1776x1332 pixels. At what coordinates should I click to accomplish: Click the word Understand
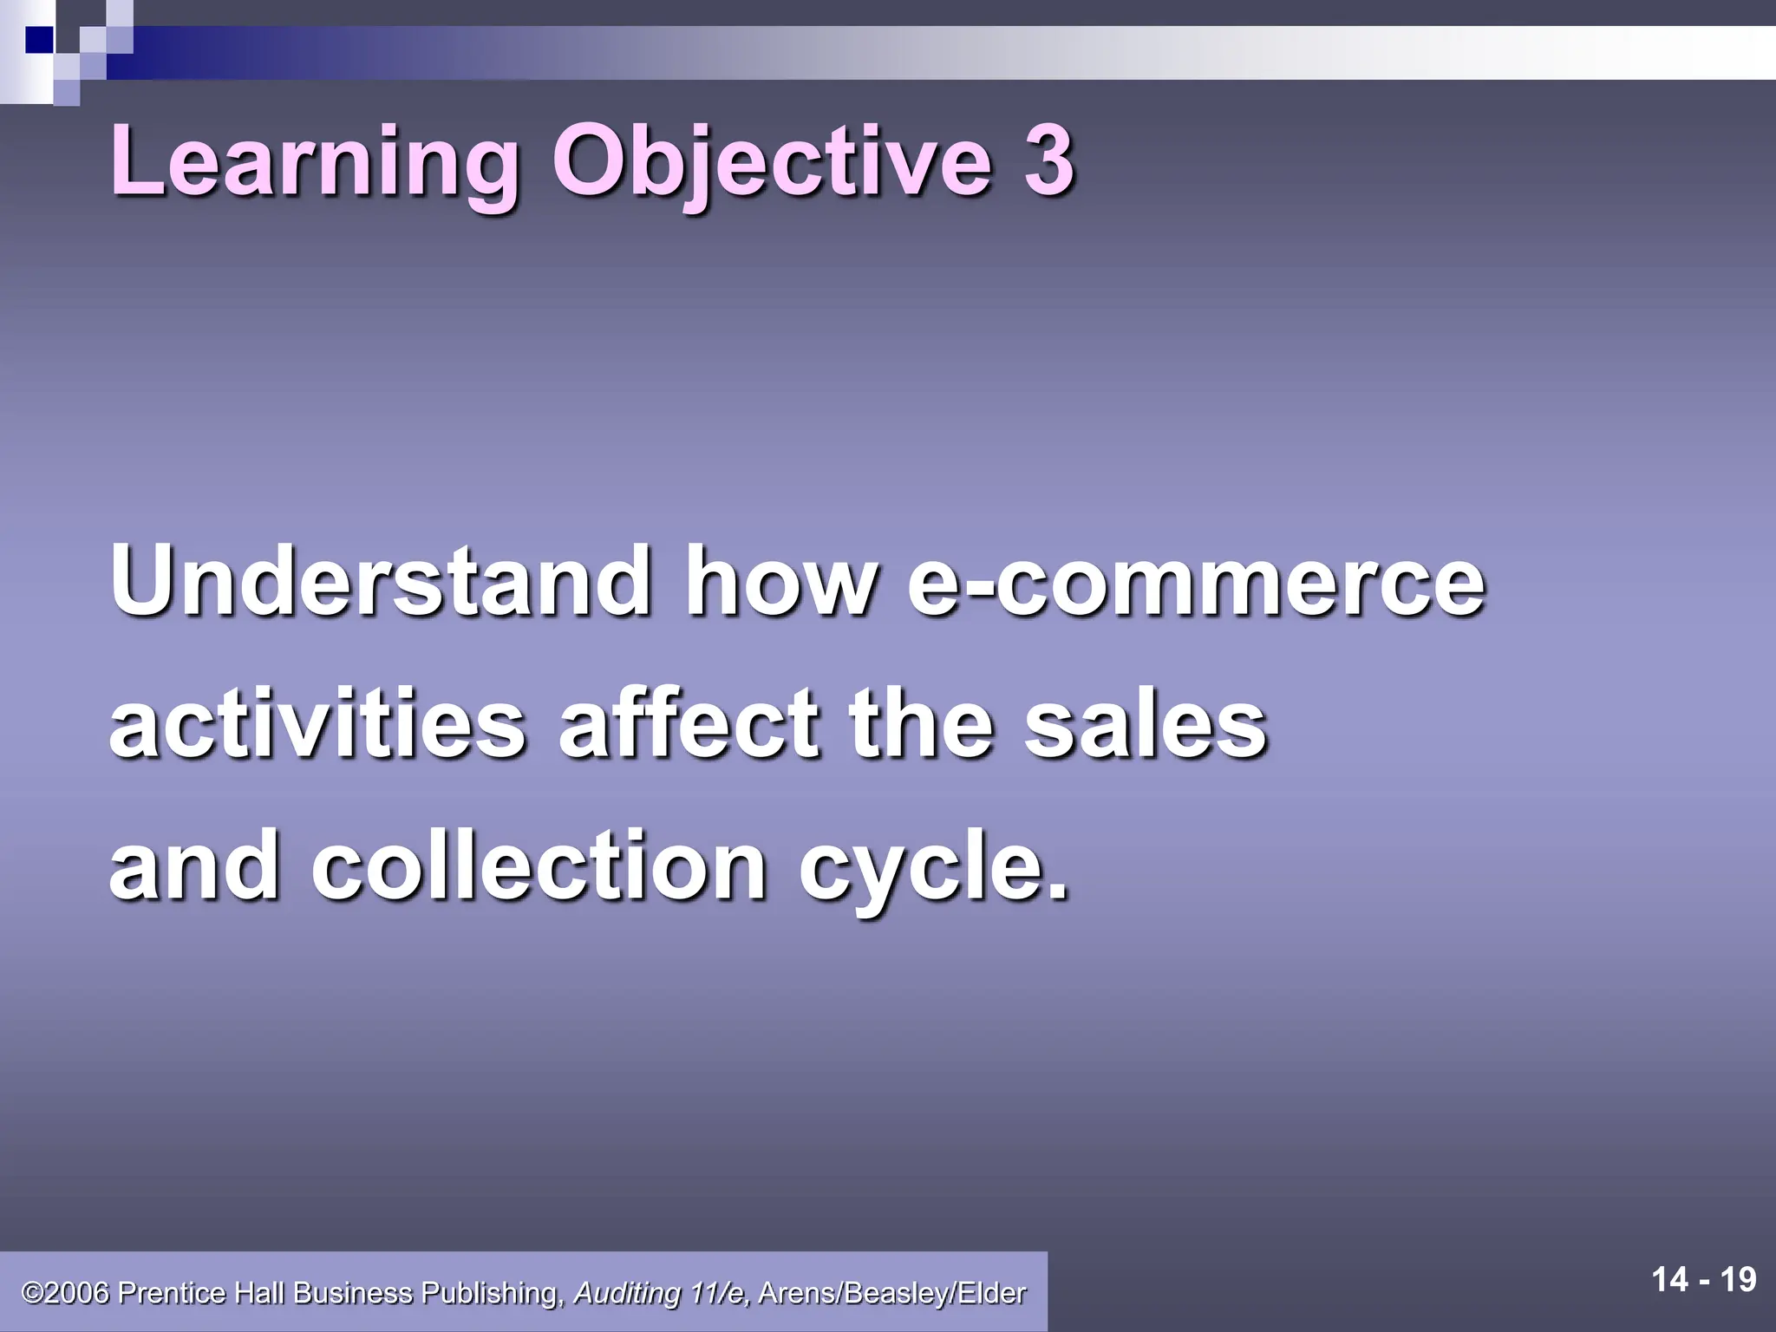click(381, 580)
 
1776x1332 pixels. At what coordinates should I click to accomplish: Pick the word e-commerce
click(1196, 580)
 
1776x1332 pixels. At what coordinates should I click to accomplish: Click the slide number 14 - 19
click(1704, 1279)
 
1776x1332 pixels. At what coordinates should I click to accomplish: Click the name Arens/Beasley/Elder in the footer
click(892, 1293)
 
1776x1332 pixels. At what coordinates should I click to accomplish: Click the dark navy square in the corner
click(39, 39)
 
